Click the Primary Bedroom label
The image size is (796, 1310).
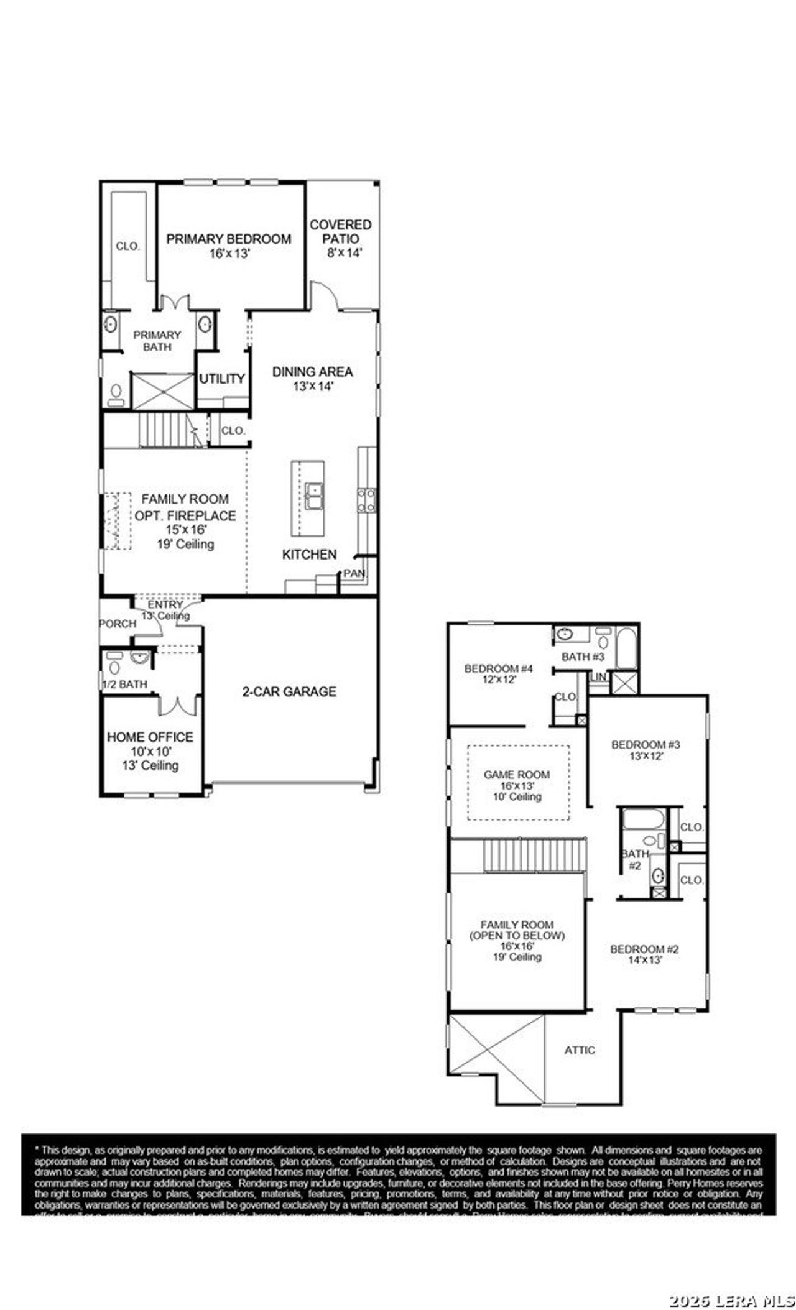coord(228,239)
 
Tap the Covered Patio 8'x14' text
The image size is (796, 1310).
coord(341,238)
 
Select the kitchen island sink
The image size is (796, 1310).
coord(313,497)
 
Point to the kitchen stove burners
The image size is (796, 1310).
coord(366,500)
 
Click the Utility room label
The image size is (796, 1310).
coord(222,379)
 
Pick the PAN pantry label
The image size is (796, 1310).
coord(354,573)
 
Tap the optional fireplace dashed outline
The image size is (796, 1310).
coord(117,521)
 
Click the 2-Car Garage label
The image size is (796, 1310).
coord(289,691)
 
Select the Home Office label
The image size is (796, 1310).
coord(150,737)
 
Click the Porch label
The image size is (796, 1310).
coord(118,624)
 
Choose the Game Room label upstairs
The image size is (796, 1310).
coord(517,775)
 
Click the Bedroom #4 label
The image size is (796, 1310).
coord(499,669)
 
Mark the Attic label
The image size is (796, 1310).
coord(580,1050)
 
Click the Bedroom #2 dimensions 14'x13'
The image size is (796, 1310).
coord(644,959)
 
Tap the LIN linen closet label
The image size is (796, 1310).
coord(599,676)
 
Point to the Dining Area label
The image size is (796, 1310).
coord(313,372)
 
